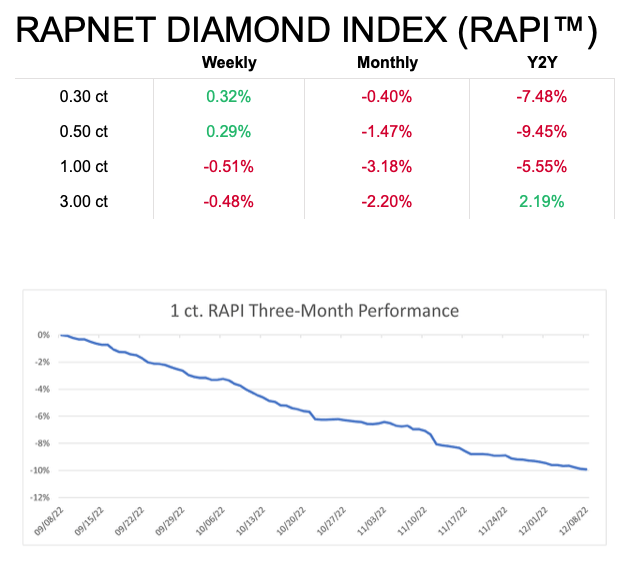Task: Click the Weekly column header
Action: pos(229,63)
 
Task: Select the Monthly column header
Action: pos(388,63)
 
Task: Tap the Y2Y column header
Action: pos(544,63)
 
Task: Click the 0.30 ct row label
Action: pos(84,97)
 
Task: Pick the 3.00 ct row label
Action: pos(84,200)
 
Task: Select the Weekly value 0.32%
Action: pos(229,97)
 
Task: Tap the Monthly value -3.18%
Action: pos(388,166)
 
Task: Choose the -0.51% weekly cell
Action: pos(229,166)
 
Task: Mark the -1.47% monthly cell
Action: pos(388,132)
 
